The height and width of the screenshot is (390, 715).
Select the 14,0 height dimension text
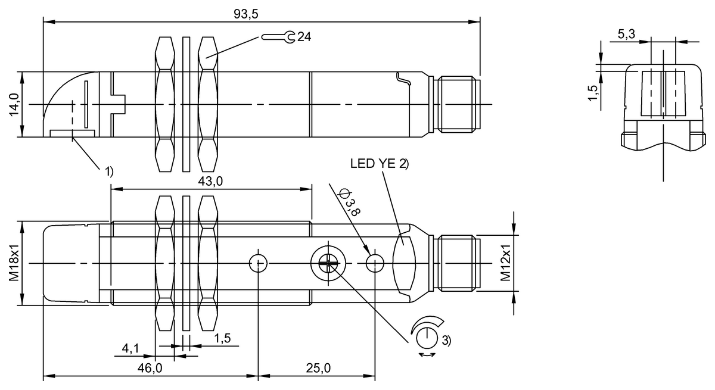14,105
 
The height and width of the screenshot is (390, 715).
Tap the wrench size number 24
304,38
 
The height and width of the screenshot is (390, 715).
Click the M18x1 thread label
14,263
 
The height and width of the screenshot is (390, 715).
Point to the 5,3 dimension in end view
626,35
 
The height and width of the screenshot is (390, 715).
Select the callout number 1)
108,172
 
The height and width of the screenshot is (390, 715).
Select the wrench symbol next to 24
278,38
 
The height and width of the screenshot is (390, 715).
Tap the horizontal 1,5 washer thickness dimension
222,338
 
